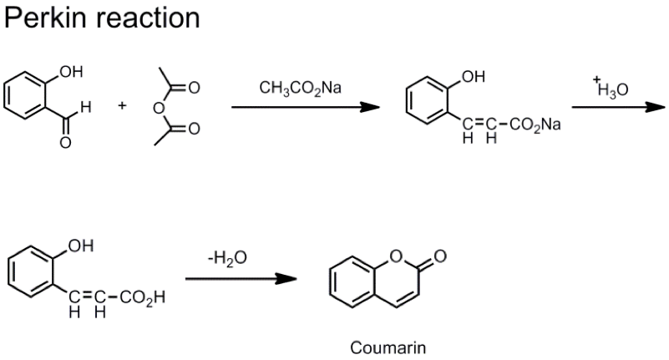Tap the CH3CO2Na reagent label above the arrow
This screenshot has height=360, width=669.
[300, 88]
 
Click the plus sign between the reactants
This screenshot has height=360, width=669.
[123, 106]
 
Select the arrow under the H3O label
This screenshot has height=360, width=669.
[617, 107]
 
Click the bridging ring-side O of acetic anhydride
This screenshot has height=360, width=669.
[155, 107]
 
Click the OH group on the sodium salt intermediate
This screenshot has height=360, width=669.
[472, 78]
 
